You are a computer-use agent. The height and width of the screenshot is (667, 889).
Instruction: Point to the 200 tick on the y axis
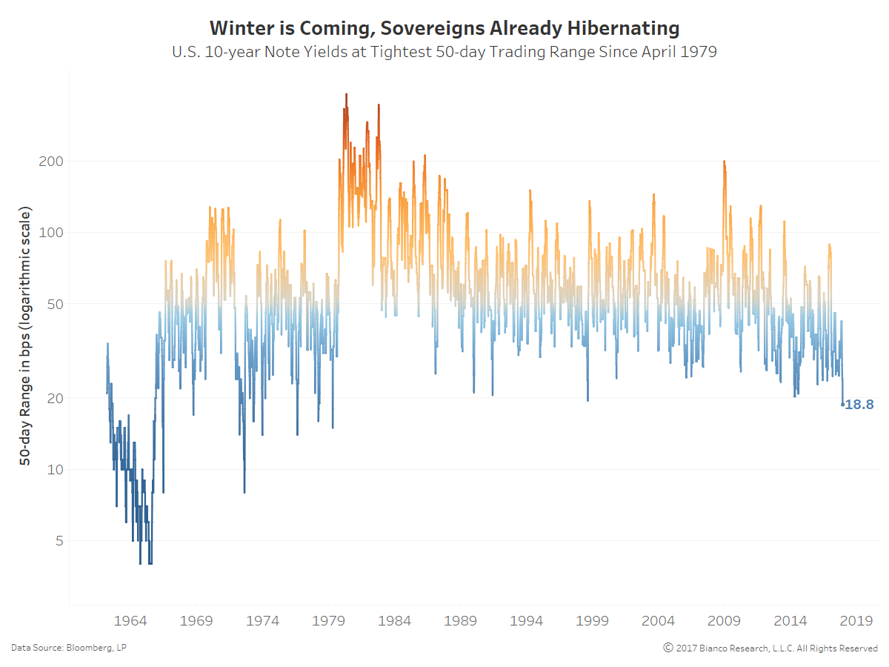click(x=50, y=161)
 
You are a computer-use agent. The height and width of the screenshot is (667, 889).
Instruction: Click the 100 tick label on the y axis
click(x=50, y=233)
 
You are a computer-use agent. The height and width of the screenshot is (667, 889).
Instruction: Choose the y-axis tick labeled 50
click(x=53, y=304)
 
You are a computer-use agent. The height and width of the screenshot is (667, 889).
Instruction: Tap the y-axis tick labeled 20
click(x=53, y=398)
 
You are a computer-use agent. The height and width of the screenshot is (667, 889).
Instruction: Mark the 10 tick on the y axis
click(x=53, y=469)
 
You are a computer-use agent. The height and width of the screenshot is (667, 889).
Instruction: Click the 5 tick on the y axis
click(x=57, y=541)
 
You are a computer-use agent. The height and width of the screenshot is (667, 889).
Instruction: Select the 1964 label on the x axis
click(x=130, y=620)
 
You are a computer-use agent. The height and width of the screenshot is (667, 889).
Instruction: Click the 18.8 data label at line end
click(x=859, y=405)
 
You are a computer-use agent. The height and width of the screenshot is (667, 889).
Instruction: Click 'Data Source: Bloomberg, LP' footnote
click(x=68, y=648)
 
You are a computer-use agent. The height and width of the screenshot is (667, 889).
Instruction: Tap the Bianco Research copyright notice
click(x=770, y=648)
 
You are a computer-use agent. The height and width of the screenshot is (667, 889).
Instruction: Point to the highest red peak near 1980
click(x=346, y=95)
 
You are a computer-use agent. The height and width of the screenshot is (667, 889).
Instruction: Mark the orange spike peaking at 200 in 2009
click(x=724, y=162)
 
